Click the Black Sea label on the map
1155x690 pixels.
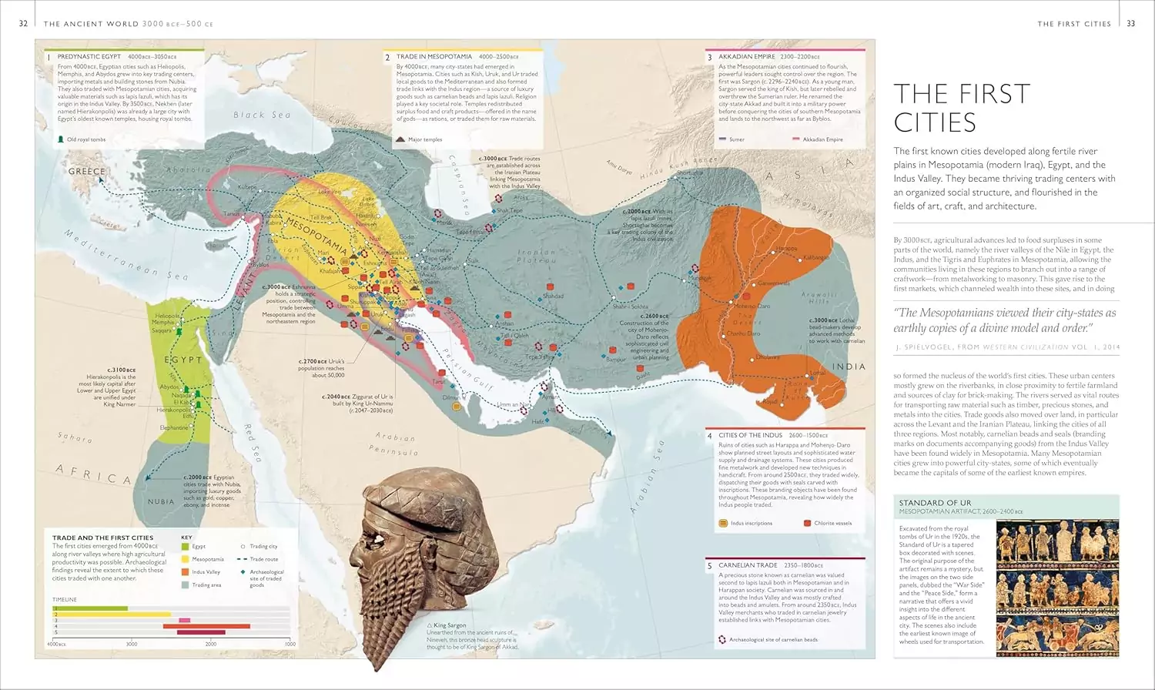263,115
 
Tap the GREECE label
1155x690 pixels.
87,171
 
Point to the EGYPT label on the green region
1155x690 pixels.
183,360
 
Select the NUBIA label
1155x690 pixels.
161,501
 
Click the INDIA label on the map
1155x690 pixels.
849,367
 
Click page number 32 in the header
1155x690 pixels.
23,24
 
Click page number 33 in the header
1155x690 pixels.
1130,24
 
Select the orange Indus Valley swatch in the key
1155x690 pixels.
185,571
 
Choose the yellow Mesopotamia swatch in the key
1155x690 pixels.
185,559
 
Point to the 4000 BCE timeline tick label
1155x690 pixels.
55,644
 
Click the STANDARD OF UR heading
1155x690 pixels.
935,503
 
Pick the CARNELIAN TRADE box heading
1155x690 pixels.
748,565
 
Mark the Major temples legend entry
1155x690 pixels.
424,139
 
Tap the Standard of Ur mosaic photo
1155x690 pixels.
1057,587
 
